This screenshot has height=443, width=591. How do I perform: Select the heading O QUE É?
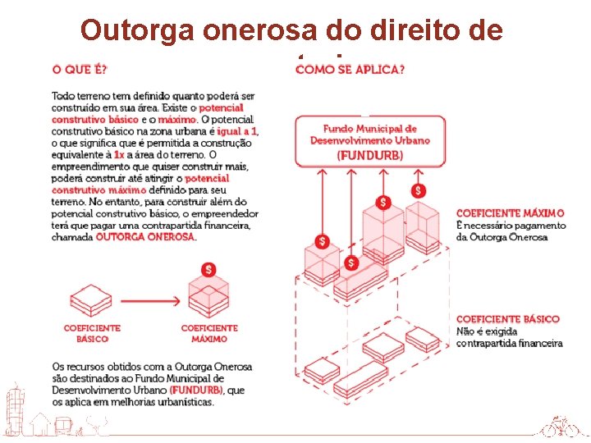(80, 68)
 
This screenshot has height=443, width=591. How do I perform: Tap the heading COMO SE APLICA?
(350, 68)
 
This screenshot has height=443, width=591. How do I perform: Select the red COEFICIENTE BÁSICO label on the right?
(507, 319)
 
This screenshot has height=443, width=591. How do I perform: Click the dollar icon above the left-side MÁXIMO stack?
(209, 269)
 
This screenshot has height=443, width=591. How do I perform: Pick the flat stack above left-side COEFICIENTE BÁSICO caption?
(91, 301)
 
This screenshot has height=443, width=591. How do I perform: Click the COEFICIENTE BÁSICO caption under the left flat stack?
(92, 333)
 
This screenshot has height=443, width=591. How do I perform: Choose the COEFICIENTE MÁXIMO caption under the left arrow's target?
(209, 333)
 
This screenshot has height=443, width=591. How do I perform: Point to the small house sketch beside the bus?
(40, 425)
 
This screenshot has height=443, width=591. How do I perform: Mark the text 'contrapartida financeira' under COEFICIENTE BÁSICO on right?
(509, 343)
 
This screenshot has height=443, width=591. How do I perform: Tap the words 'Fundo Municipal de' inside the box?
(369, 129)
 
